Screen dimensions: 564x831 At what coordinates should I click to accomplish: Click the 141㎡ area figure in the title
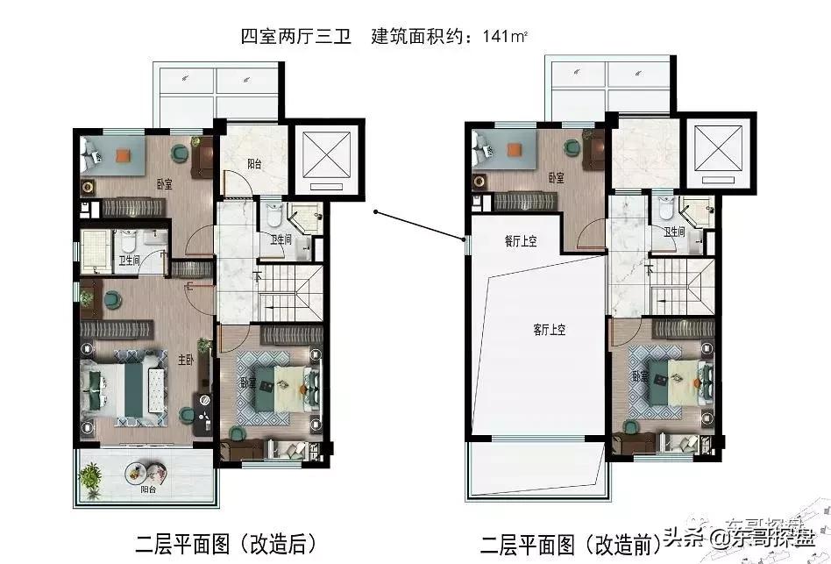pyautogui.click(x=512, y=38)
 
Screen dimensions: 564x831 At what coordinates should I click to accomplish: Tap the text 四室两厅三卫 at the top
pyautogui.click(x=295, y=38)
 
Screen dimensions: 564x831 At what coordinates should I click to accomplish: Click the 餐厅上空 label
pyautogui.click(x=521, y=243)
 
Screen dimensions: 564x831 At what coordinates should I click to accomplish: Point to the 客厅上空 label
pyautogui.click(x=550, y=330)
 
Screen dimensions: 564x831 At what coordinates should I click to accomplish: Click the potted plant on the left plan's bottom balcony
pyautogui.click(x=90, y=478)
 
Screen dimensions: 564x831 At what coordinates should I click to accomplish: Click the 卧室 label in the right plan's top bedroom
pyautogui.click(x=556, y=178)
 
